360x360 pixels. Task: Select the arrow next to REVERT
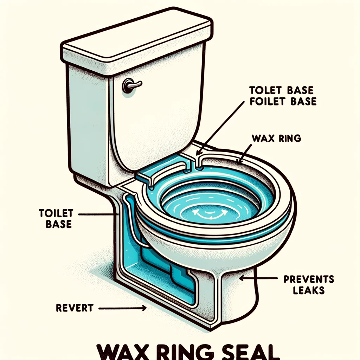tap(123, 308)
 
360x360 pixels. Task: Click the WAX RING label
tap(277, 138)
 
